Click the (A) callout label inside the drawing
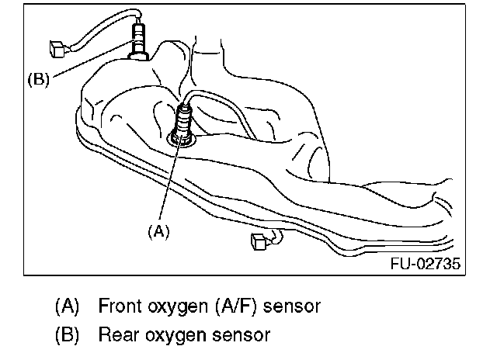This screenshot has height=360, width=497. (x=158, y=230)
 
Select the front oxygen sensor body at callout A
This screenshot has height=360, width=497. (x=185, y=120)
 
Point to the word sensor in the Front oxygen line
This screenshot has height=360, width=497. (x=292, y=306)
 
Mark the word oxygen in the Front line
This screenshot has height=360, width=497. (x=176, y=306)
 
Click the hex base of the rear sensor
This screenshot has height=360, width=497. (x=139, y=53)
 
